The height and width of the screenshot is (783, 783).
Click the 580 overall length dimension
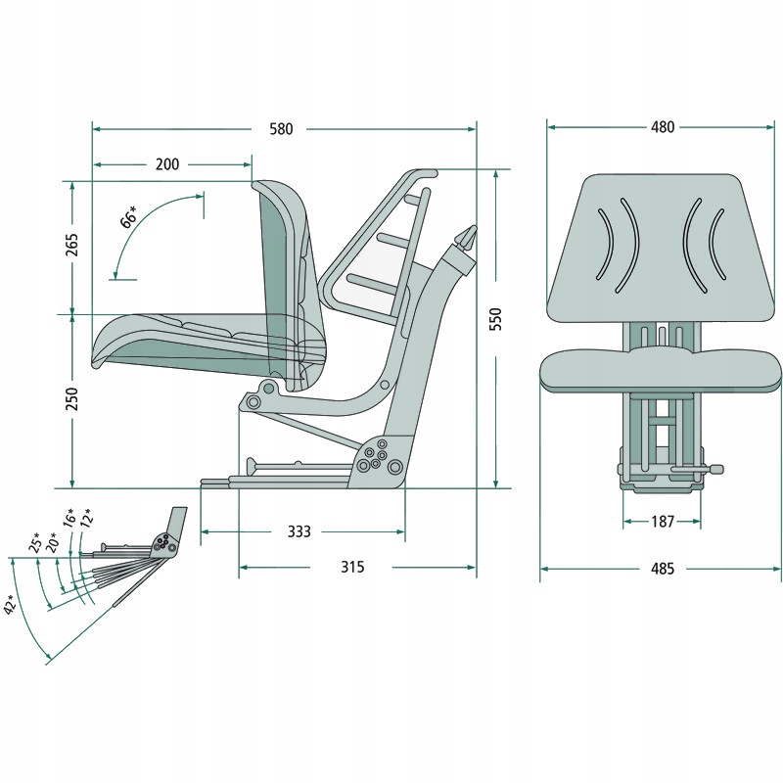coord(280,128)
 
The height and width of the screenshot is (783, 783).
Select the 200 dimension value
coord(167,164)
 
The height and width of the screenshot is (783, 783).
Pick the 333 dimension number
coord(299,531)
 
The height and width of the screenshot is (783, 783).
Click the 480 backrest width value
coord(663,127)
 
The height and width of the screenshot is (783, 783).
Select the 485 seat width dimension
coord(663,569)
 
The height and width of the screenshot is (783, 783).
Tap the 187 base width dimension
coord(663,522)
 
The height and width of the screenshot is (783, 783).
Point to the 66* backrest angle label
coord(128,216)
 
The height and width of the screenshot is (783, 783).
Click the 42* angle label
coord(13,604)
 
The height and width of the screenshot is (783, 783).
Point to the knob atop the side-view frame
coord(467,238)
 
